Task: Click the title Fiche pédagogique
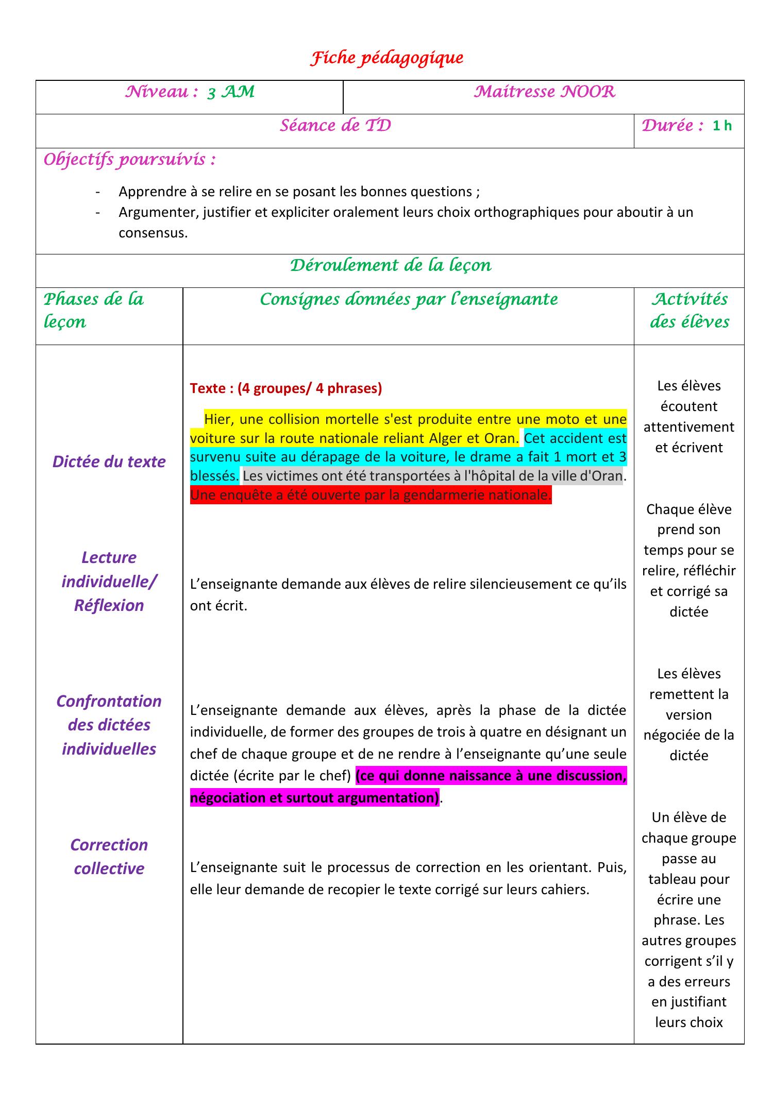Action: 386,58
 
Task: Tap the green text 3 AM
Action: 231,92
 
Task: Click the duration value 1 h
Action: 722,126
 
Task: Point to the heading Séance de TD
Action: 335,126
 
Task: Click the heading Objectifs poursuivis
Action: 129,160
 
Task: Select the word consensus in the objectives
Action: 153,233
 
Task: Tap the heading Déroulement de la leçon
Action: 390,265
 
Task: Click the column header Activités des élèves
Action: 689,310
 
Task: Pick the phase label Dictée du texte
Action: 109,462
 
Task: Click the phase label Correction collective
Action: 109,856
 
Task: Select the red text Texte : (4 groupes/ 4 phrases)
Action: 286,388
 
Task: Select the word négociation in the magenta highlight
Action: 227,798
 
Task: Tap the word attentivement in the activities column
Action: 688,427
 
